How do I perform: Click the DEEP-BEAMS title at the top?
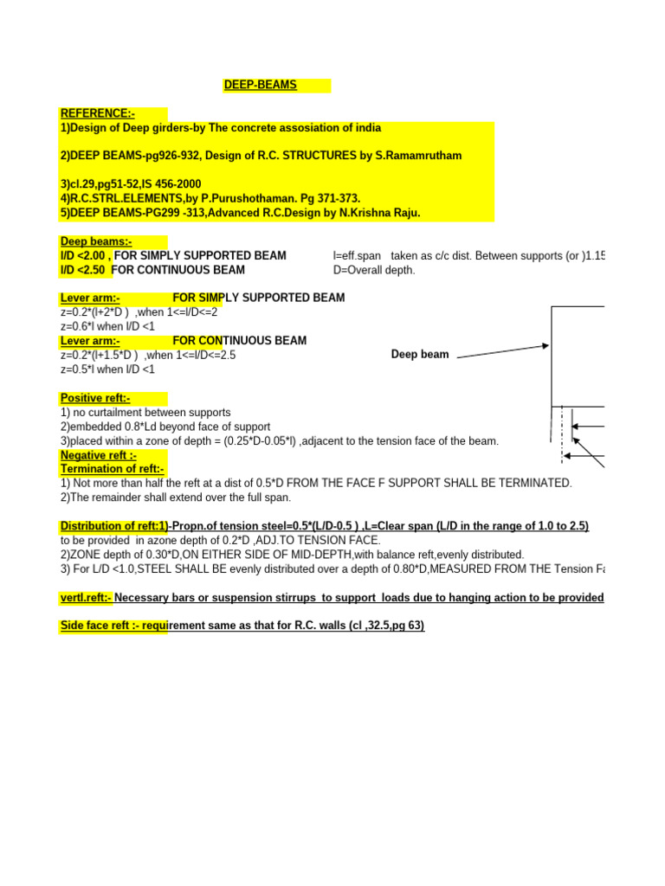[x=260, y=85]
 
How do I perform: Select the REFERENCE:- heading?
[x=97, y=113]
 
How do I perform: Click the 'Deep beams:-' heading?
[x=95, y=241]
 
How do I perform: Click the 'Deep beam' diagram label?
[x=420, y=355]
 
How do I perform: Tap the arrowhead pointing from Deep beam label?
[x=545, y=346]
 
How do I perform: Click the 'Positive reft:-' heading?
[x=94, y=398]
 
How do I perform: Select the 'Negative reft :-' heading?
[x=98, y=455]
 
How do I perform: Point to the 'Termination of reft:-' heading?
[x=112, y=469]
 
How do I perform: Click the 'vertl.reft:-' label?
[x=86, y=598]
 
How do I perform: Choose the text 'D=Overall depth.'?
[x=374, y=270]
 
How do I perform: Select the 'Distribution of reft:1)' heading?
[x=113, y=526]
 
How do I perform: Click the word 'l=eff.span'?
[x=358, y=256]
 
